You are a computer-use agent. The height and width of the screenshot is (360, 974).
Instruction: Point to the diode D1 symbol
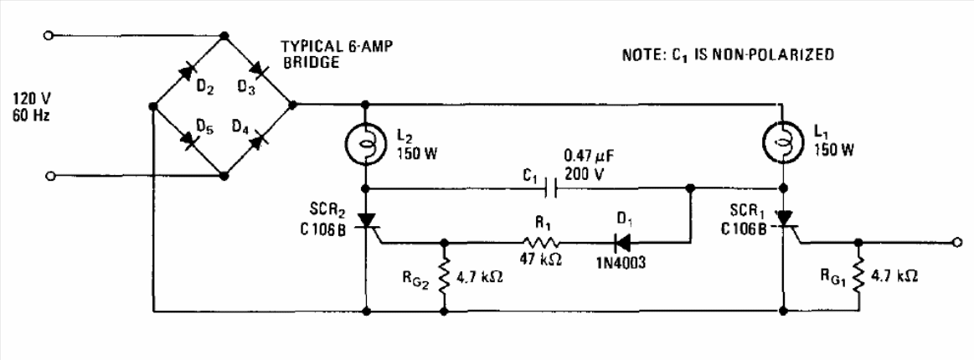tap(621, 243)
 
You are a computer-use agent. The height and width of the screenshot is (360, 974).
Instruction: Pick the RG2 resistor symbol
tap(444, 277)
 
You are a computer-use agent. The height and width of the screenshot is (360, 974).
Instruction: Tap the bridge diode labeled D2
tap(188, 70)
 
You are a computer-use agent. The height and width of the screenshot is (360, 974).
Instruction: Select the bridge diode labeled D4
tap(258, 140)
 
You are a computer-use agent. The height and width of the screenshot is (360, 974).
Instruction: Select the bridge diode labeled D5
tap(188, 140)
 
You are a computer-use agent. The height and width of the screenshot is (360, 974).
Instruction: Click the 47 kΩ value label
tap(540, 260)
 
